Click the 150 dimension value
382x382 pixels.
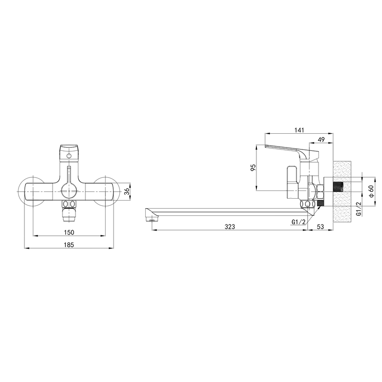(x=69, y=233)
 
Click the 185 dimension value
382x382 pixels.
(x=69, y=245)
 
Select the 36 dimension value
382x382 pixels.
(x=127, y=192)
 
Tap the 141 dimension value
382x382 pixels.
(x=299, y=130)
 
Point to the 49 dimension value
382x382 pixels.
(x=321, y=139)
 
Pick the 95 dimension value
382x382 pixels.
(x=254, y=168)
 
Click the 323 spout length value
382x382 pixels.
(x=230, y=227)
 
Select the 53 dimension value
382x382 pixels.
(x=320, y=227)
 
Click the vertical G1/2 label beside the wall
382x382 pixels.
(x=359, y=209)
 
